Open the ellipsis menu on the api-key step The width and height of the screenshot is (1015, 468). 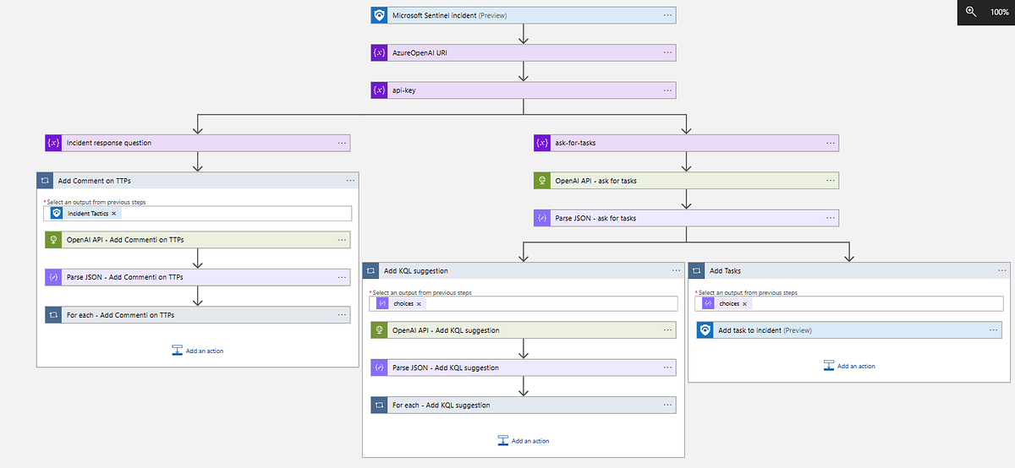[x=667, y=90]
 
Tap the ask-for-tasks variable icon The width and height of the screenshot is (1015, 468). [x=542, y=143]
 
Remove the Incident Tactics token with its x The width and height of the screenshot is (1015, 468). [x=114, y=214]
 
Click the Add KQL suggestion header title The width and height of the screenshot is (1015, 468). [x=416, y=270]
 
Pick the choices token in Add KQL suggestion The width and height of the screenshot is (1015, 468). [x=403, y=303]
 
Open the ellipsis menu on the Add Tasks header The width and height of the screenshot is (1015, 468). [x=1001, y=270]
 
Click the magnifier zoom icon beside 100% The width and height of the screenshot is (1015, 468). [x=971, y=12]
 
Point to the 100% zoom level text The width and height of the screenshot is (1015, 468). [x=999, y=12]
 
